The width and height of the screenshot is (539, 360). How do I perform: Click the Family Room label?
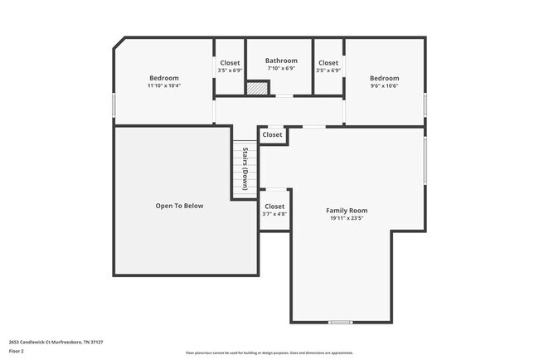click(346, 211)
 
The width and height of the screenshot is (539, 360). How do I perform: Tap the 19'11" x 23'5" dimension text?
click(346, 219)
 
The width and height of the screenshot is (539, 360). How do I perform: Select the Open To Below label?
click(179, 206)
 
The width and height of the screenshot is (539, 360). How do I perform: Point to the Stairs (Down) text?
click(245, 168)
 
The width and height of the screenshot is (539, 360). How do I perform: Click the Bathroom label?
click(281, 61)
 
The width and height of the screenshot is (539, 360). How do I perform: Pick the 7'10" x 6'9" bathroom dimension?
click(281, 69)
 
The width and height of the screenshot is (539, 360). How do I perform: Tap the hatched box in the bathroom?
click(258, 88)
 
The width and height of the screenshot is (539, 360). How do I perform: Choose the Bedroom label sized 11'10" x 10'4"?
click(163, 78)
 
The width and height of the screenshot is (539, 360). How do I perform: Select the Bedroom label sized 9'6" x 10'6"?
click(384, 78)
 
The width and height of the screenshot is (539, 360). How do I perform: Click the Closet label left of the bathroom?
click(230, 63)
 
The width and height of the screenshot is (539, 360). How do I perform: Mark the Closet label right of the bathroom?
click(328, 63)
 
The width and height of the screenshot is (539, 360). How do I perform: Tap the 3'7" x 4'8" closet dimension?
click(274, 214)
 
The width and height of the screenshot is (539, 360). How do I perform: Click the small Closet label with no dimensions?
click(272, 134)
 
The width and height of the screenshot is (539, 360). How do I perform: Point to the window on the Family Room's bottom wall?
click(340, 322)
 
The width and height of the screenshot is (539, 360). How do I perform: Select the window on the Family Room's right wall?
click(425, 159)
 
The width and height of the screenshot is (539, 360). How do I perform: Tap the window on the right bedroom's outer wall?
click(425, 105)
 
